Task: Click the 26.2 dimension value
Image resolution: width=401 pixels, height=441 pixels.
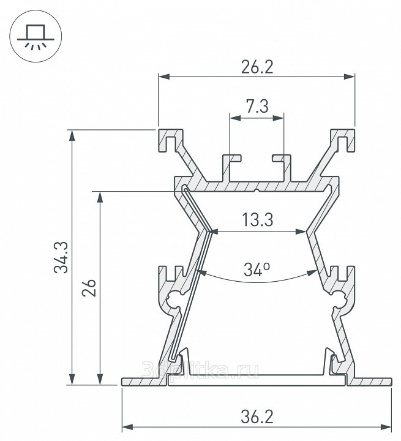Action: [257, 67]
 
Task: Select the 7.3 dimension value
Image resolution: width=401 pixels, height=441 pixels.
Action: [257, 107]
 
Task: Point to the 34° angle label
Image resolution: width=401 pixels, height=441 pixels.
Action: [257, 269]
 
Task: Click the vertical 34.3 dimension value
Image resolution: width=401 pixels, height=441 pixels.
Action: [61, 257]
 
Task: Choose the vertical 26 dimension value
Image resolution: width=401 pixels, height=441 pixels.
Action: [89, 288]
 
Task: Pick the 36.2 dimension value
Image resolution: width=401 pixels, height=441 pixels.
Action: [257, 417]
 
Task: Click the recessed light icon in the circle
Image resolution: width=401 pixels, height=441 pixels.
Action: [36, 37]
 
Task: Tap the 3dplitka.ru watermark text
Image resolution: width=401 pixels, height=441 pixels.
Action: [200, 369]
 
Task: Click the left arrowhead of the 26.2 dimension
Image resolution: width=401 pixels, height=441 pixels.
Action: [163, 76]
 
